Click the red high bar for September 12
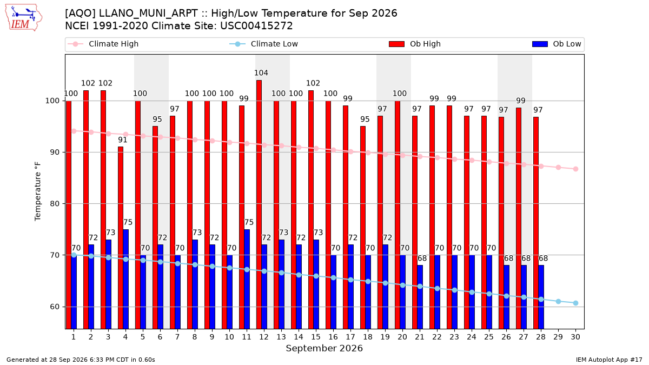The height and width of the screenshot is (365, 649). pyautogui.click(x=259, y=204)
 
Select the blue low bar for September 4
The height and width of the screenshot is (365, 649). pyautogui.click(x=125, y=279)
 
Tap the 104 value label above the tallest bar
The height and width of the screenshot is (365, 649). pyautogui.click(x=261, y=72)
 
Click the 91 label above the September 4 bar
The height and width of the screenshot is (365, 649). pyautogui.click(x=123, y=140)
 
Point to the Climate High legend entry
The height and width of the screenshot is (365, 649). pyautogui.click(x=103, y=44)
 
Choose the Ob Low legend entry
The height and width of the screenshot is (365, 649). pyautogui.click(x=557, y=44)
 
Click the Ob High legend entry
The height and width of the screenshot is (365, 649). pyautogui.click(x=415, y=44)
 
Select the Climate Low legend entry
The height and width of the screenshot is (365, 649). pyautogui.click(x=264, y=44)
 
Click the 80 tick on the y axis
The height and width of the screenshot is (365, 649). pyautogui.click(x=55, y=204)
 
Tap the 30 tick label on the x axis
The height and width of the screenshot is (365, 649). pyautogui.click(x=575, y=337)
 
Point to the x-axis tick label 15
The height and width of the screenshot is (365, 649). pyautogui.click(x=316, y=337)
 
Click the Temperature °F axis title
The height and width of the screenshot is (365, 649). pyautogui.click(x=38, y=191)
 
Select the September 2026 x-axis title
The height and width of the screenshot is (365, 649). pyautogui.click(x=324, y=348)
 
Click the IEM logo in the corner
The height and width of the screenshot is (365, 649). pyautogui.click(x=23, y=18)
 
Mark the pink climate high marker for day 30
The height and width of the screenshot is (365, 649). pyautogui.click(x=575, y=169)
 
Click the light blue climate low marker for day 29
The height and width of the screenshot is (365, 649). pyautogui.click(x=558, y=302)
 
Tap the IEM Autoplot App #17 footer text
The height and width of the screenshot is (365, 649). pyautogui.click(x=609, y=360)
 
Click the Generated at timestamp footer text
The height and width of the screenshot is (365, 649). pyautogui.click(x=81, y=360)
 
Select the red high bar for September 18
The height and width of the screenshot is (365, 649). pyautogui.click(x=363, y=228)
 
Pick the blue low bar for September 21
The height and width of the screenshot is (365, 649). pyautogui.click(x=420, y=297)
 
